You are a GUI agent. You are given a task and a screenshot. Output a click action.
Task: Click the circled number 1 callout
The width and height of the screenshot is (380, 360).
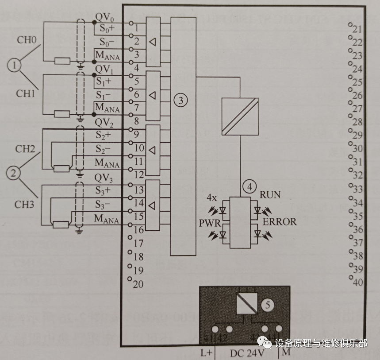pyautogui.click(x=15, y=66)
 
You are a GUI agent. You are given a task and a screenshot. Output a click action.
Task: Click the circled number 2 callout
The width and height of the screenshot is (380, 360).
pyautogui.click(x=13, y=173)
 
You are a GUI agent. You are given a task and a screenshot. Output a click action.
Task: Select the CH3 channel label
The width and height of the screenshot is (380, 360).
pyautogui.click(x=25, y=205)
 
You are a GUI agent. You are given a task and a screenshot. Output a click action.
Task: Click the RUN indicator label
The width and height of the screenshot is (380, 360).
pyautogui.click(x=269, y=194)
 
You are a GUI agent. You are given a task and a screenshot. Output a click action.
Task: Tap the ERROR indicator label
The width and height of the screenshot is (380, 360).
pyautogui.click(x=279, y=221)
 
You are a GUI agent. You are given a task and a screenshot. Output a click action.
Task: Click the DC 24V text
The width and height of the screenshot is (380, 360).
pyautogui.click(x=247, y=353)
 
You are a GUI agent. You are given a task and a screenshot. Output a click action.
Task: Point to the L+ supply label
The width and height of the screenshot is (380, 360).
pyautogui.click(x=207, y=353)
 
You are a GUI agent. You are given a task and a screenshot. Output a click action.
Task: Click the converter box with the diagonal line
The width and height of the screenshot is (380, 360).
pyautogui.click(x=239, y=116)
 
